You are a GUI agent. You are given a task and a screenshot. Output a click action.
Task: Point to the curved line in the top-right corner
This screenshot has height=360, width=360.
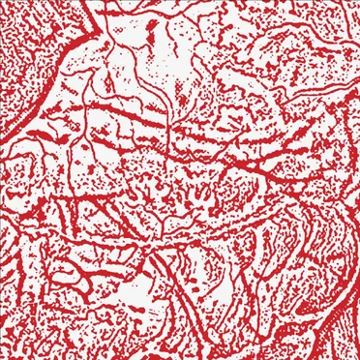pyautogui.click(x=329, y=24)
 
